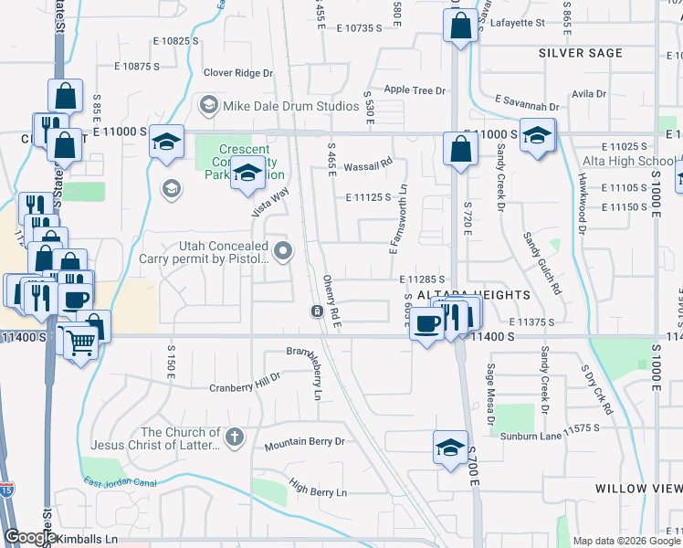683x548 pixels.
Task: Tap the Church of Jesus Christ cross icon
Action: tap(235, 437)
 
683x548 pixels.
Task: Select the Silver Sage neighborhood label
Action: tap(580, 53)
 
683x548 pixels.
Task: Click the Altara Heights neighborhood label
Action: tap(473, 295)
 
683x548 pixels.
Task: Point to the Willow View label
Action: tap(638, 489)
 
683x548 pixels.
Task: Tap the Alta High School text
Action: tap(629, 162)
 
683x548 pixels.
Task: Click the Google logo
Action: tap(29, 537)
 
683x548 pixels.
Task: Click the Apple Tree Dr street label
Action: tap(415, 90)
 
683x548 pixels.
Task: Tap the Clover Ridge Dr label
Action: tap(238, 73)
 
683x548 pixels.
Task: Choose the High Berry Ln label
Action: tap(318, 492)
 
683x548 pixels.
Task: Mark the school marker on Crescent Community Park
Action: tap(246, 174)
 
